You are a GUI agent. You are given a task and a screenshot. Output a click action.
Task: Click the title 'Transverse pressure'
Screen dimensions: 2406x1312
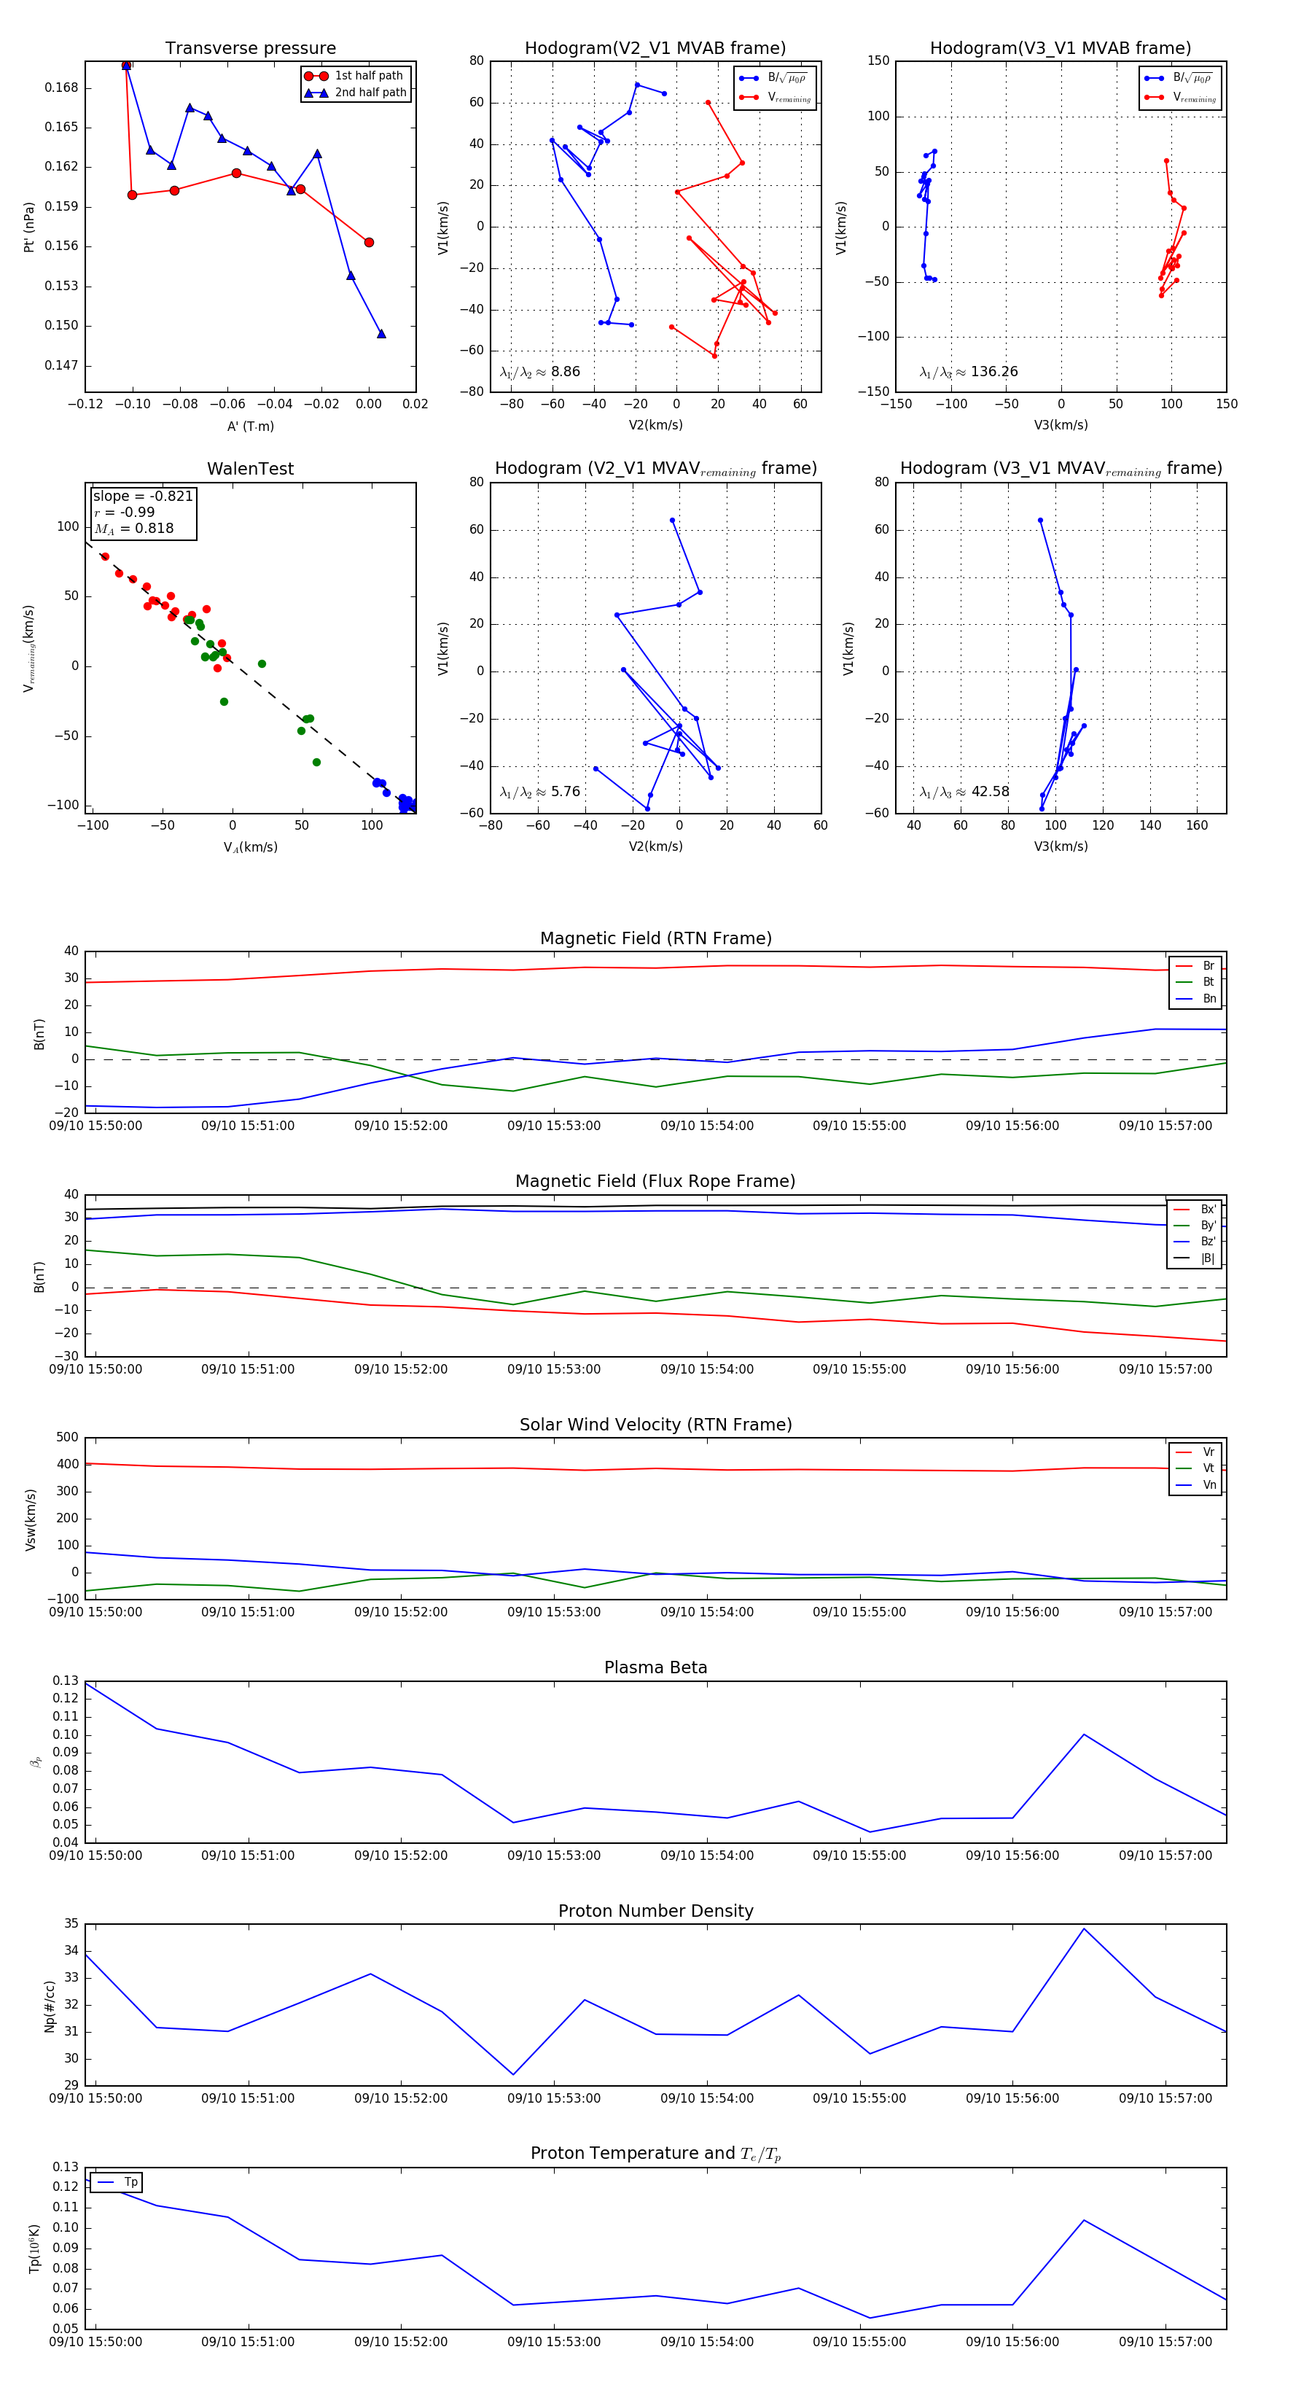pos(250,49)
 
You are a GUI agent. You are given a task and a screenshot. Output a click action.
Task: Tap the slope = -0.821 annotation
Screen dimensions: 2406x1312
pos(143,496)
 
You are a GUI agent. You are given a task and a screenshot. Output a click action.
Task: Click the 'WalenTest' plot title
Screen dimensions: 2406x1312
pos(250,469)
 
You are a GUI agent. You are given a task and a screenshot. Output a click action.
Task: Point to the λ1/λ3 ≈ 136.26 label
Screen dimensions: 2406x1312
pos(969,372)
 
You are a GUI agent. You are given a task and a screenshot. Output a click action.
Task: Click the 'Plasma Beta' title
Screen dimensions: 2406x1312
pos(655,1667)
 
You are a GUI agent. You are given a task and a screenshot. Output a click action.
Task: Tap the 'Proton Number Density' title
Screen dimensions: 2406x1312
pos(655,1911)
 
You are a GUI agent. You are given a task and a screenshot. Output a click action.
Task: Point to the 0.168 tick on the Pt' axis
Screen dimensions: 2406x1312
pos(62,87)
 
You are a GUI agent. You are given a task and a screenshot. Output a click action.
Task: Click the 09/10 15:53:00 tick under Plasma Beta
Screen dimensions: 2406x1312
pos(554,1855)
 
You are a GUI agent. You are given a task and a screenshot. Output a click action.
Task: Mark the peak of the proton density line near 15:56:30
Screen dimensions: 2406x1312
pos(1083,1928)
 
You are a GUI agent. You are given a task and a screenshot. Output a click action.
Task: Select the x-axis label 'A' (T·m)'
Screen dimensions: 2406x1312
pos(250,426)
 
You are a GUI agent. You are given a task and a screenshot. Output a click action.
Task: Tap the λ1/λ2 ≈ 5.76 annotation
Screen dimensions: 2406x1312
pos(539,792)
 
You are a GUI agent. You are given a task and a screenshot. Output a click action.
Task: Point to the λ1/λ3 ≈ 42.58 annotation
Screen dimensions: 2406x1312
pos(964,792)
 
